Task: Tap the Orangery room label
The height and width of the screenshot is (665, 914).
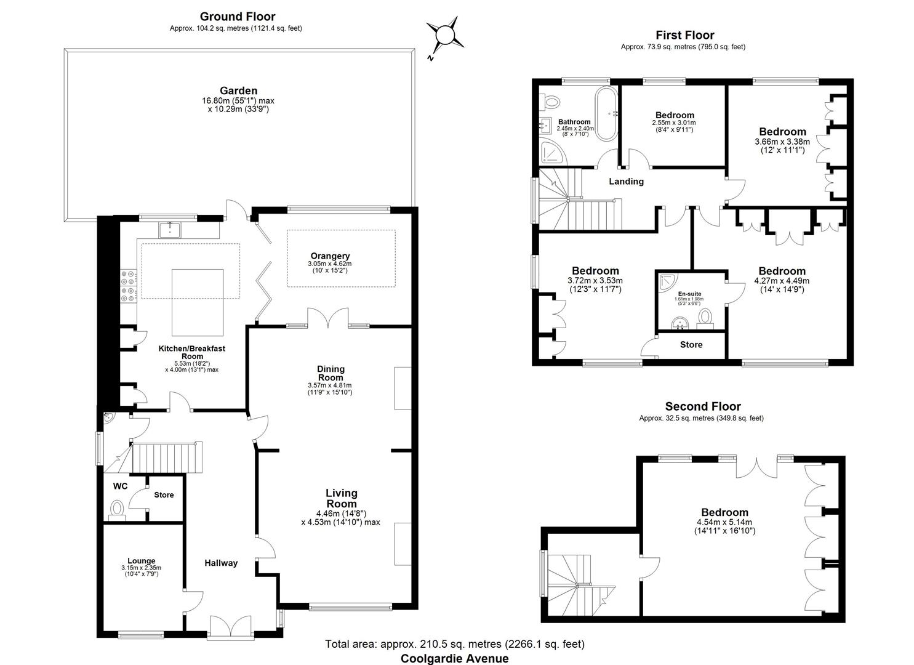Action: point(330,256)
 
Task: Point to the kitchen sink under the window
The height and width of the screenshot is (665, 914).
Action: point(169,230)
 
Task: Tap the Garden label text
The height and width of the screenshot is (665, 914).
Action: point(238,91)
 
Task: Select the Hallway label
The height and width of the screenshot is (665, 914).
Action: point(221,563)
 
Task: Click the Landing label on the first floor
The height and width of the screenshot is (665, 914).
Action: point(626,181)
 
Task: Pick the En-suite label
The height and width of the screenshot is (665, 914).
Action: point(689,294)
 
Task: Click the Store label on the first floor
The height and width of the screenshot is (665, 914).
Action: point(691,345)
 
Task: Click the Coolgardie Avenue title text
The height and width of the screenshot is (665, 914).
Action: point(454,658)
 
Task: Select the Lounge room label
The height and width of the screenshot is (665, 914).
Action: point(142,560)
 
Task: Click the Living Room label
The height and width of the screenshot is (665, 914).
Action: point(341,498)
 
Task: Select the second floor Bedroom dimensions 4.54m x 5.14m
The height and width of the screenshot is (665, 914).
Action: point(724,526)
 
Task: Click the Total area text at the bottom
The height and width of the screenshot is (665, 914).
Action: point(454,644)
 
